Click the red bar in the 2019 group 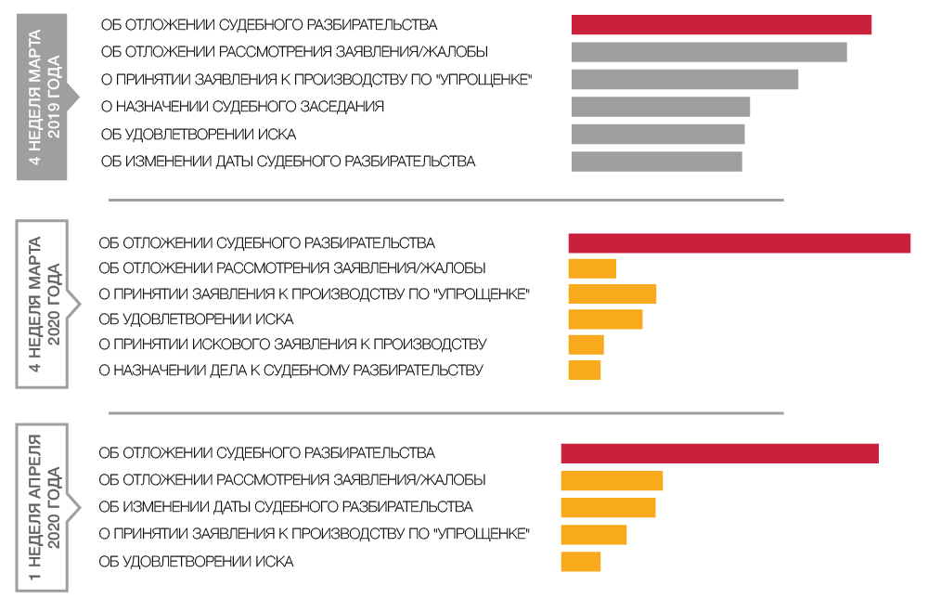[x=721, y=25]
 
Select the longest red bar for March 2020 [x=739, y=243]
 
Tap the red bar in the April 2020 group [x=719, y=453]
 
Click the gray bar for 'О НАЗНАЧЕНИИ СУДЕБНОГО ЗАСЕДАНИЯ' [x=661, y=107]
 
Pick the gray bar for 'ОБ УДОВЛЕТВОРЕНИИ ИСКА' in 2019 [x=658, y=135]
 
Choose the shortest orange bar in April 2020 [x=581, y=562]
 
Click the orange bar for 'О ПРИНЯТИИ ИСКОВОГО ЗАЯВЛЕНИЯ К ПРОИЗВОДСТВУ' [x=586, y=345]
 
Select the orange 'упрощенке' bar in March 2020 [x=612, y=294]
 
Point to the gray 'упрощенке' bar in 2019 [x=685, y=80]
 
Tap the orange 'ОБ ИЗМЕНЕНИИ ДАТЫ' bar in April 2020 [x=608, y=507]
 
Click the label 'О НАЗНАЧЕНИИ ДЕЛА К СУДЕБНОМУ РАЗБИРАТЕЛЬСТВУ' [x=290, y=371]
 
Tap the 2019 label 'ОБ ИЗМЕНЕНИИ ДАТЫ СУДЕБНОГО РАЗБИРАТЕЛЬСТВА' [x=288, y=162]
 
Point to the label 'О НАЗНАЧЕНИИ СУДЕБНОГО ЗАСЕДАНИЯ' [x=242, y=107]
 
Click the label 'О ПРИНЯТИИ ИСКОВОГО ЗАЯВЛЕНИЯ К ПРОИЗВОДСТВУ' [x=292, y=345]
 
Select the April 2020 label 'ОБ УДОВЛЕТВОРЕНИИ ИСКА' [x=196, y=562]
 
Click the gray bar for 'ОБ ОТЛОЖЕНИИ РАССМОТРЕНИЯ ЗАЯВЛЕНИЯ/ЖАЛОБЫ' [x=709, y=52]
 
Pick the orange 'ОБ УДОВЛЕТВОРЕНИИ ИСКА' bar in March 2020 [x=605, y=319]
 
